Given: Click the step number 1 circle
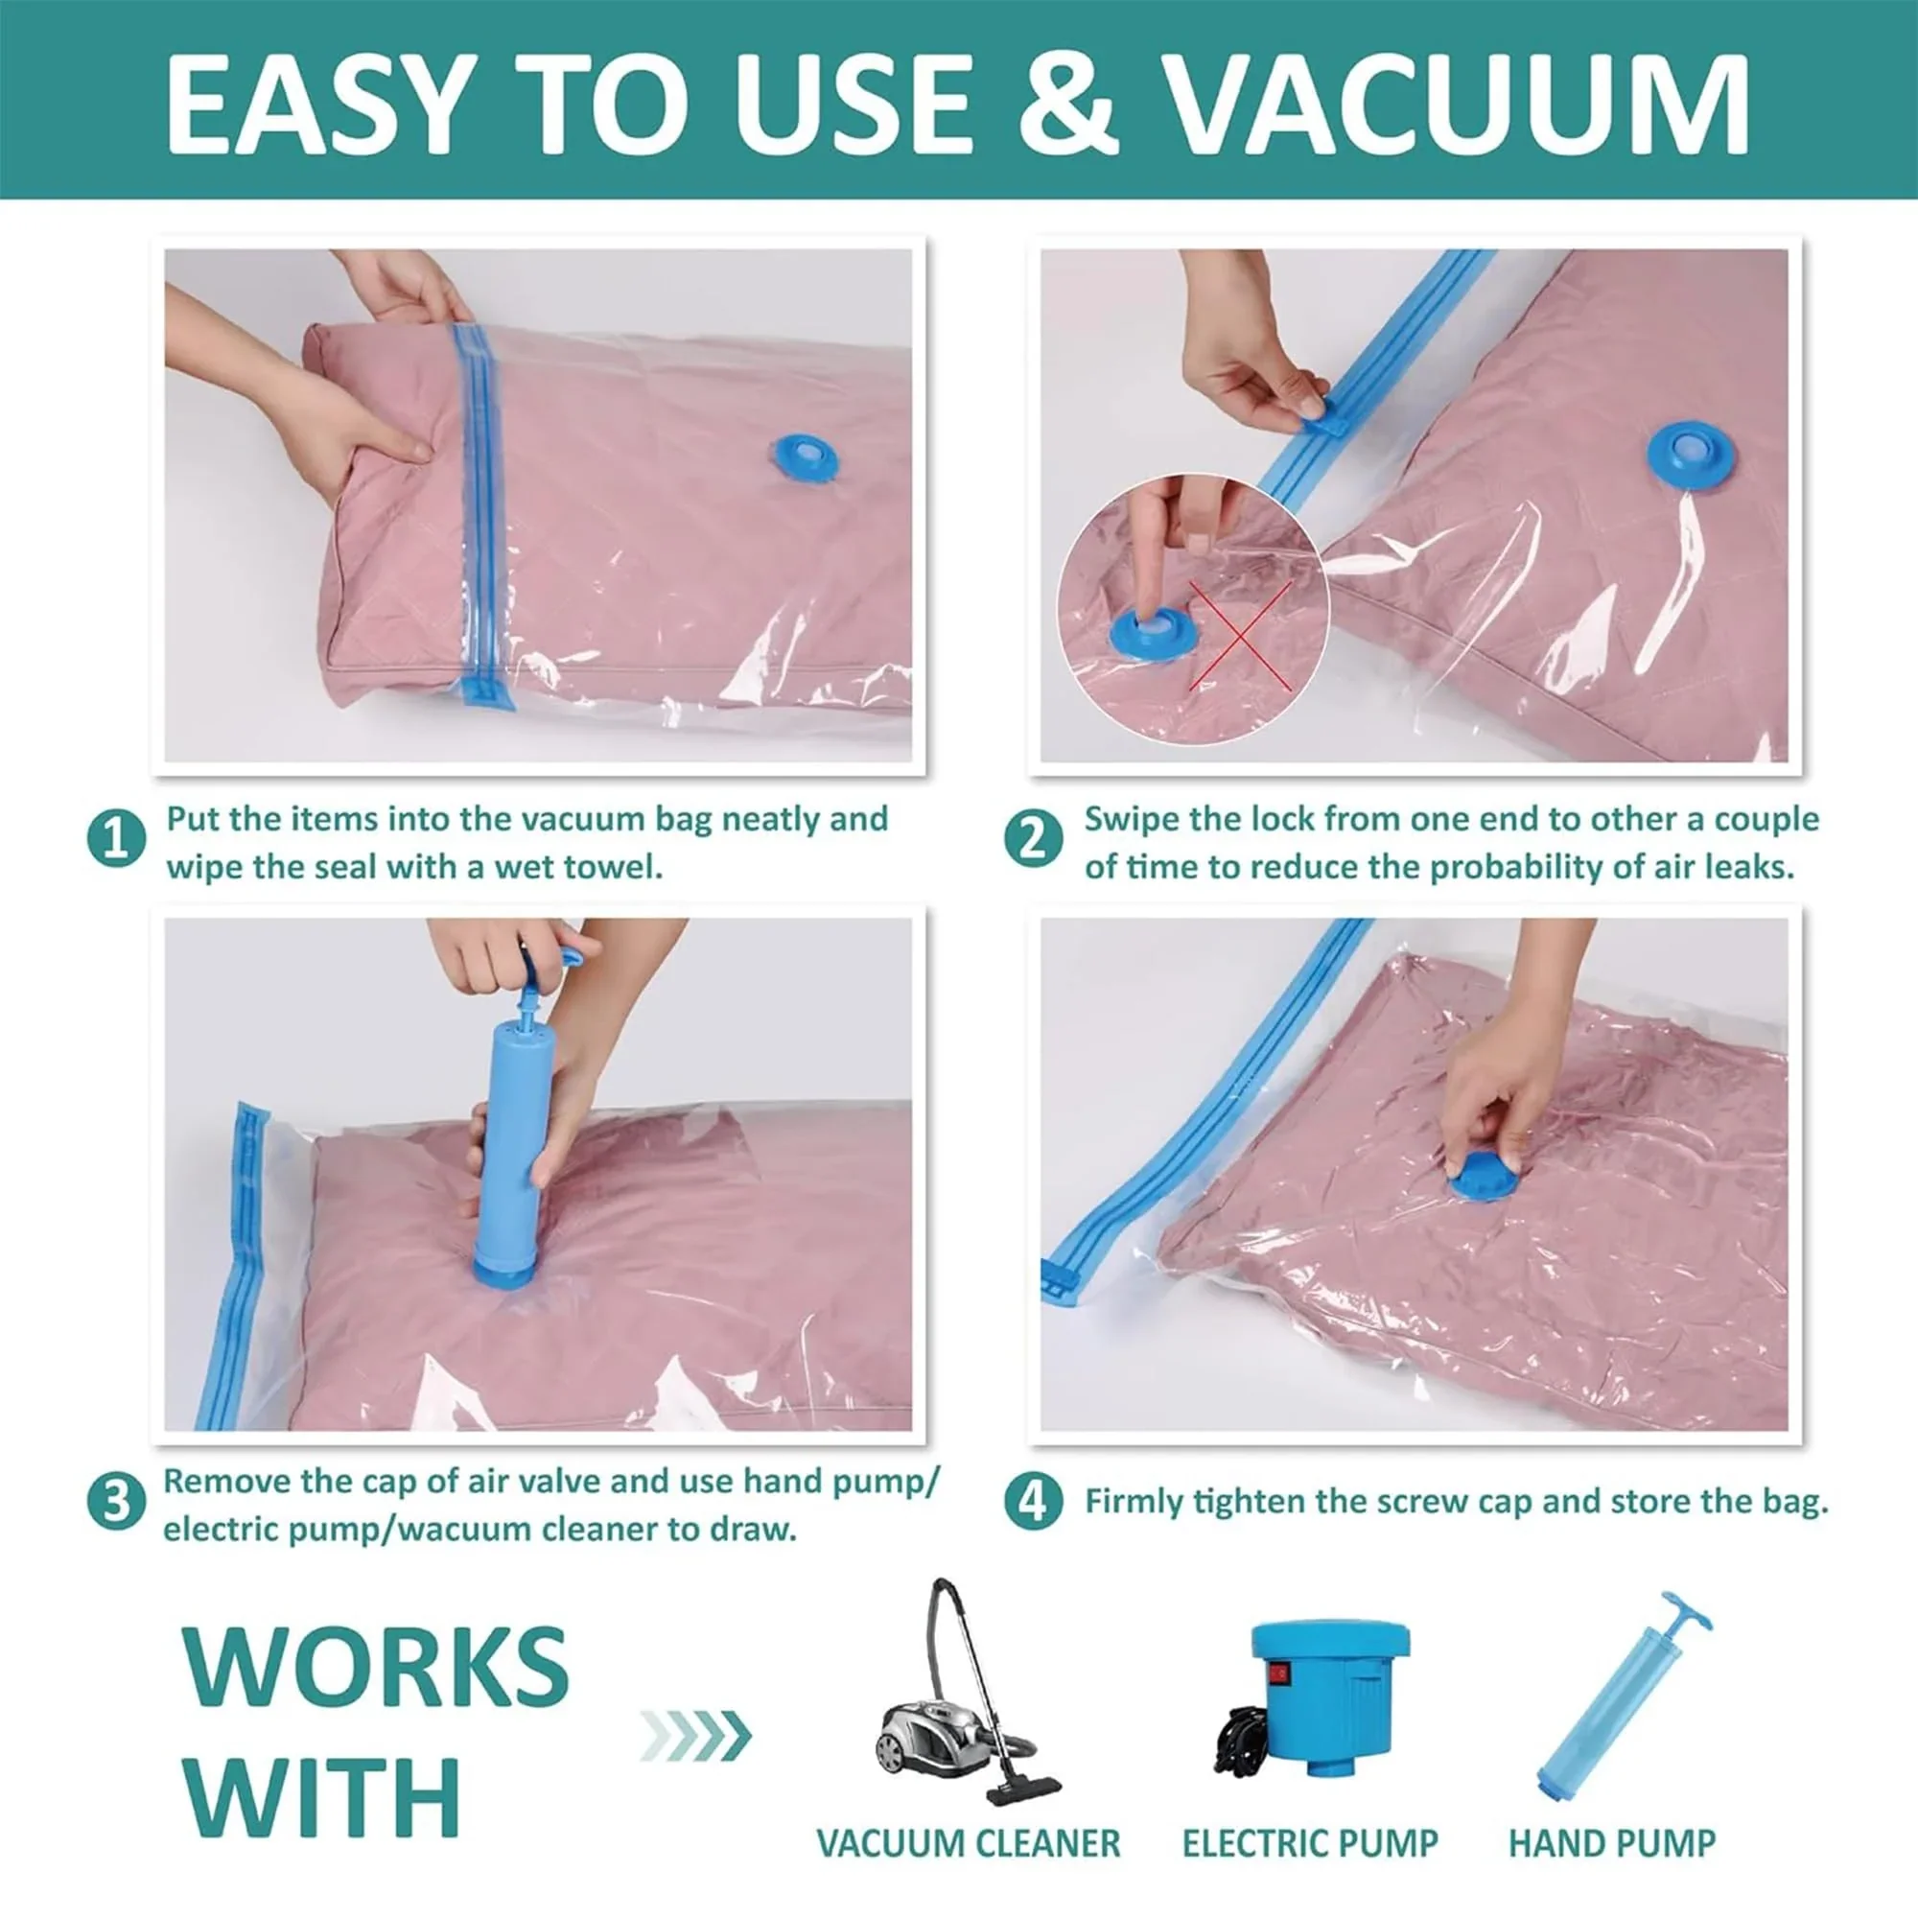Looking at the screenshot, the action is click(116, 840).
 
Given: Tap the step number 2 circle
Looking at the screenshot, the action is click(1034, 840).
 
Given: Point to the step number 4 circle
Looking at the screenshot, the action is click(1034, 1502).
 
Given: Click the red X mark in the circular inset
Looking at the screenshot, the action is click(1240, 636).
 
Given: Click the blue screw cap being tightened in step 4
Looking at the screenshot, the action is click(1486, 1181).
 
